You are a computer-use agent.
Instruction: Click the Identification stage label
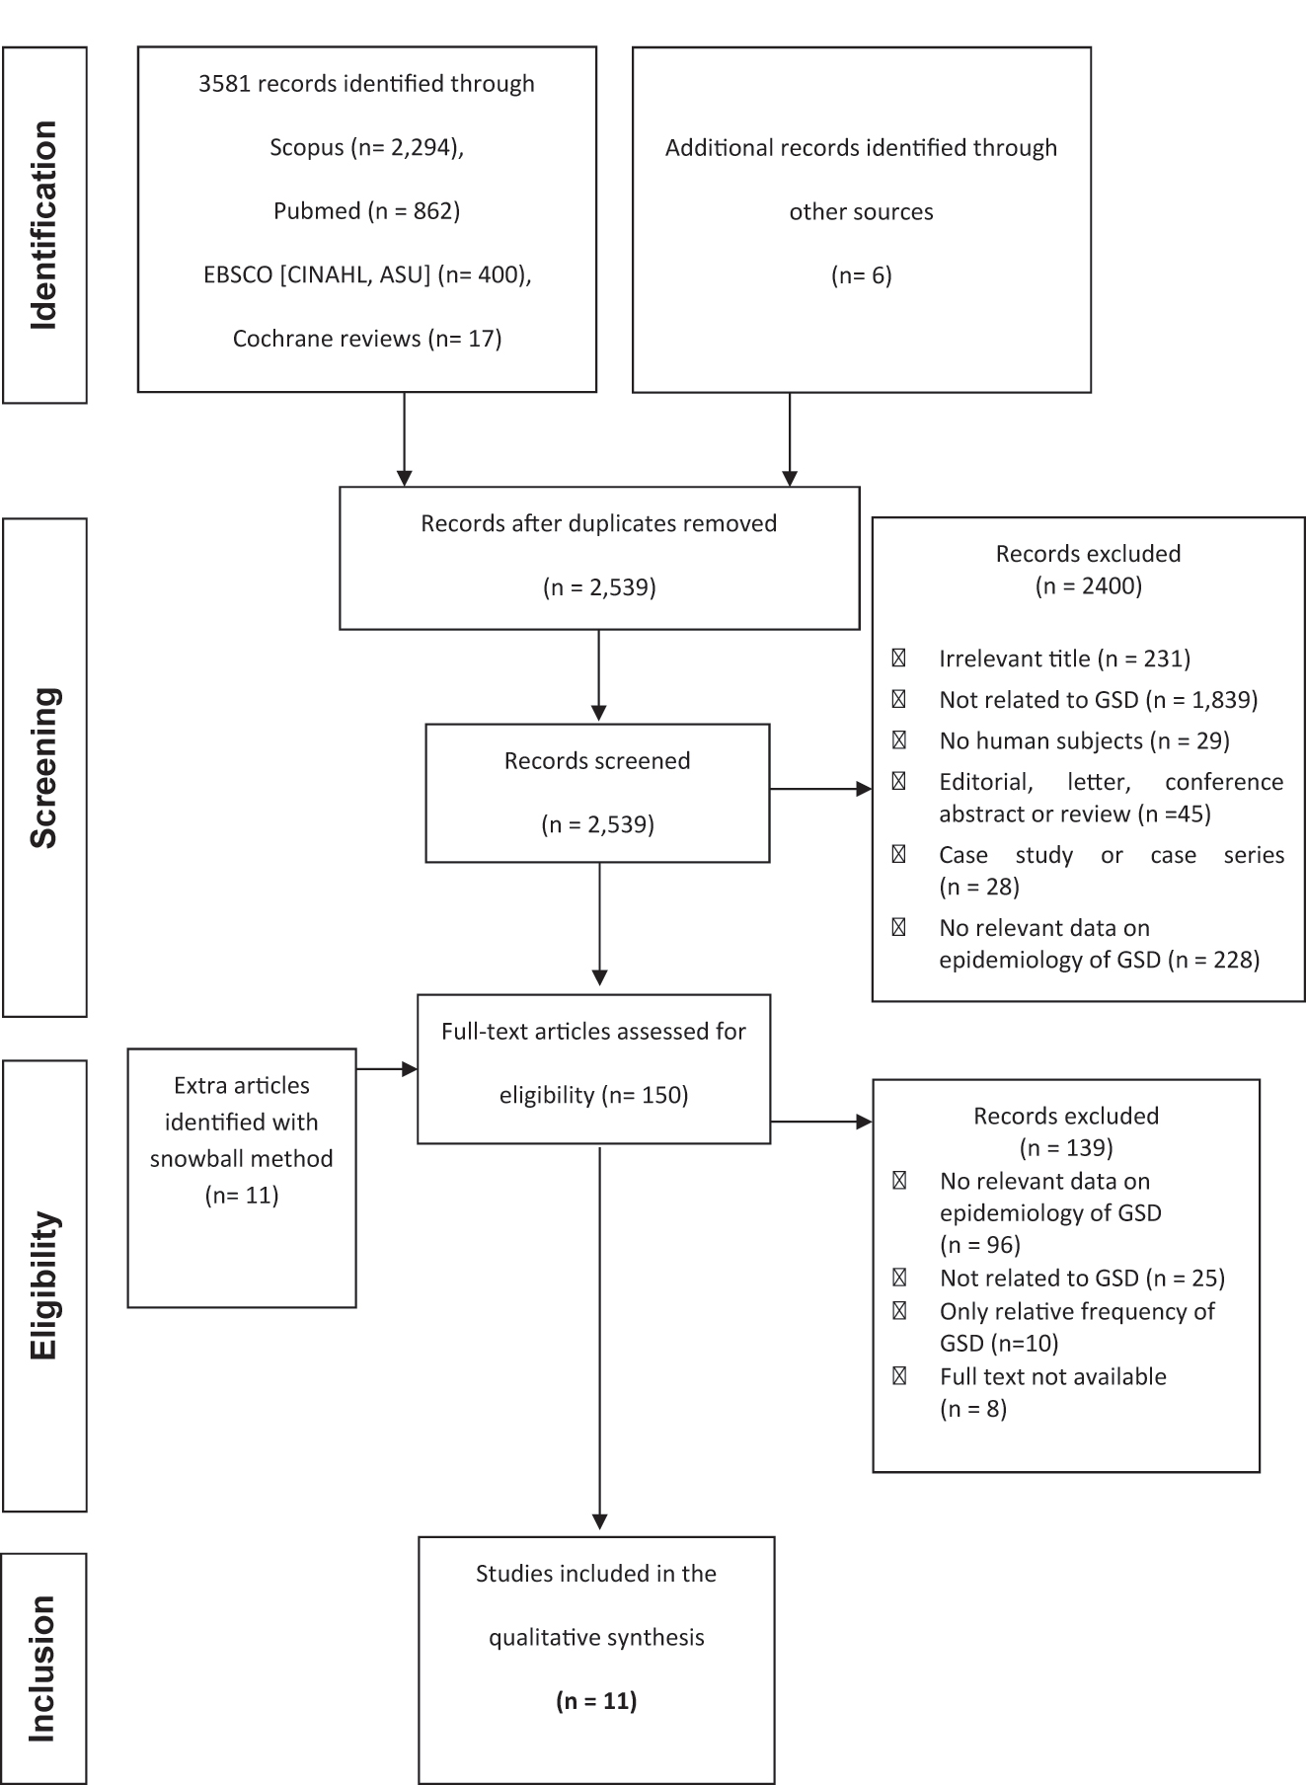[44, 225]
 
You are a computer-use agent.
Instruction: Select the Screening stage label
[44, 767]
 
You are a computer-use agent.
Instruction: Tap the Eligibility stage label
[44, 1285]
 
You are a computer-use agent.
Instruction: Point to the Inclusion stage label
[44, 1668]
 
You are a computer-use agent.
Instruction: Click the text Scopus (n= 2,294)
[366, 147]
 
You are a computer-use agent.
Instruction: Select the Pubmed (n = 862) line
[366, 210]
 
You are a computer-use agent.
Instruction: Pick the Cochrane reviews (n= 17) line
[366, 339]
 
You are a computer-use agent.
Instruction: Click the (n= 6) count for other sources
[861, 275]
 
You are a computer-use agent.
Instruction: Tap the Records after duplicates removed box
[598, 557]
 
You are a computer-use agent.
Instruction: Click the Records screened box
[597, 793]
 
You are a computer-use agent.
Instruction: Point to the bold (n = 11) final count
[596, 1700]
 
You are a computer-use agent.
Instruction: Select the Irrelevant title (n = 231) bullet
[1064, 659]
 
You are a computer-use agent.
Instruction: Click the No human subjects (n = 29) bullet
[1084, 740]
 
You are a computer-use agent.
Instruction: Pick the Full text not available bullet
[1052, 1376]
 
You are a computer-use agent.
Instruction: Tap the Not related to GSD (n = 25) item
[1082, 1278]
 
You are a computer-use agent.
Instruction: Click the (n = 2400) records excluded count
[1088, 585]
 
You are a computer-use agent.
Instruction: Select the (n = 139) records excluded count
[1065, 1147]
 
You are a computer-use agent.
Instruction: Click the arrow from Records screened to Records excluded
[820, 789]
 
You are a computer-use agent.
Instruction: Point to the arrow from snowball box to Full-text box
[386, 1068]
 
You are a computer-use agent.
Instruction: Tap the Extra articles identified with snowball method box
[242, 1177]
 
